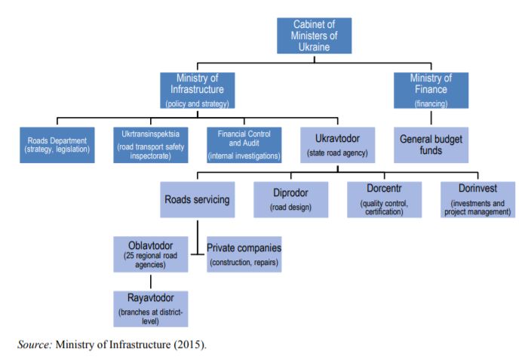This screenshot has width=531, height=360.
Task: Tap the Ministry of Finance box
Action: [431, 90]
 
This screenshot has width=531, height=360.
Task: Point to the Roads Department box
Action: [57, 144]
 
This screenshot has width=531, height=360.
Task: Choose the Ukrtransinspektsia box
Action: [148, 144]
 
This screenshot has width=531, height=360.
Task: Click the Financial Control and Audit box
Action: [244, 144]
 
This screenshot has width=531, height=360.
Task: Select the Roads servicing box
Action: [198, 201]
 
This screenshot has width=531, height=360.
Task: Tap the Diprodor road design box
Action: [290, 201]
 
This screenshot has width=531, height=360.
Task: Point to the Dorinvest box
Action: [476, 201]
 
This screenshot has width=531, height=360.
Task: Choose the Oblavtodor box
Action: [151, 254]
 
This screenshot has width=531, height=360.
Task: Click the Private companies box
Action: [244, 254]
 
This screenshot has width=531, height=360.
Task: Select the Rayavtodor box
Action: [151, 309]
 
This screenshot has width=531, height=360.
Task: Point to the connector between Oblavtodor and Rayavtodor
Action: [151, 281]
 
